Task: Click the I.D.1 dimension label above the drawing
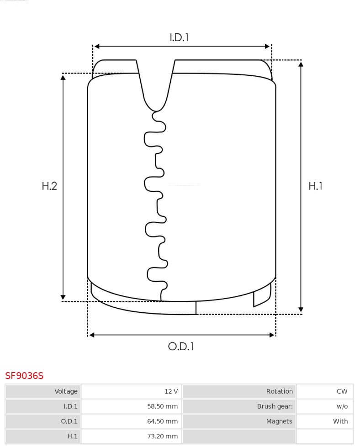pyautogui.click(x=179, y=37)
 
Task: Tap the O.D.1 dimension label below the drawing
pyautogui.click(x=181, y=347)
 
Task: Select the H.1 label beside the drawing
pyautogui.click(x=316, y=186)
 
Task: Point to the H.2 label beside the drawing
pyautogui.click(x=49, y=186)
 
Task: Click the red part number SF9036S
pyautogui.click(x=24, y=375)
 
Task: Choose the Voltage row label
pyautogui.click(x=66, y=391)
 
